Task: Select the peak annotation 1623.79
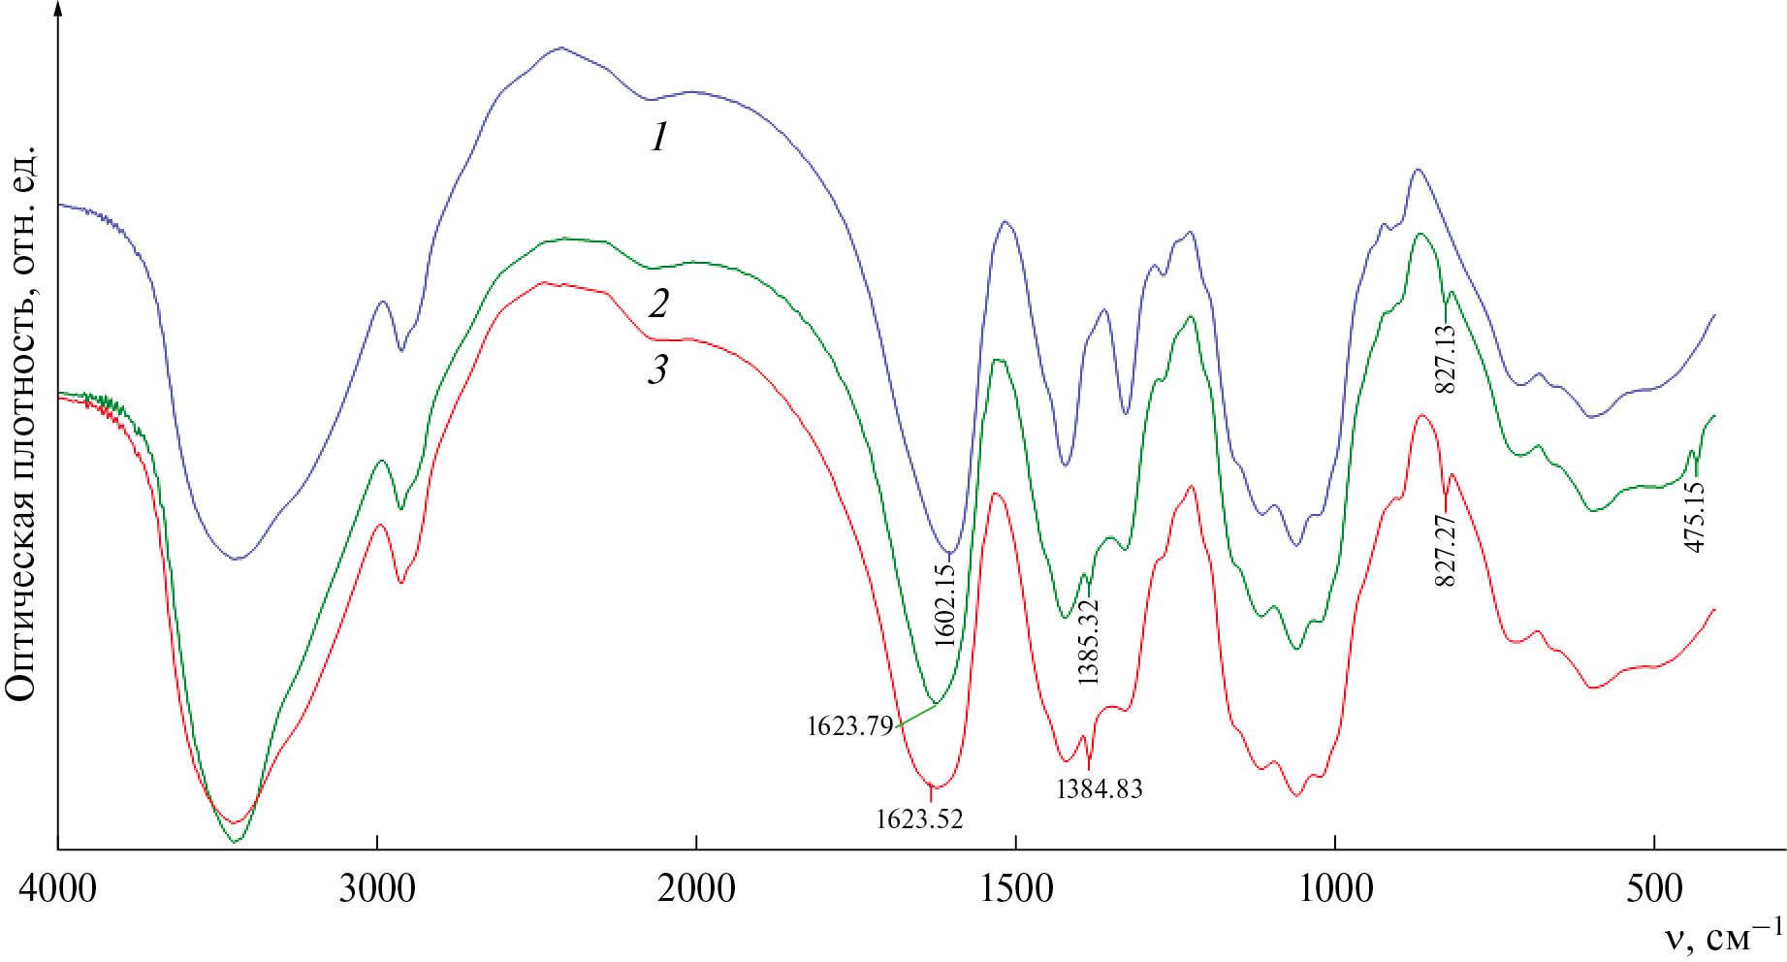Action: (849, 726)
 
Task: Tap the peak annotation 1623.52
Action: (919, 819)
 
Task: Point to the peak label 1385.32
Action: (1089, 642)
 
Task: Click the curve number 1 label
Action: (659, 139)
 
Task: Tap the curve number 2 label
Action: (659, 305)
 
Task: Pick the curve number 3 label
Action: (659, 370)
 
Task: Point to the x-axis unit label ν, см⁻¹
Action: (1722, 939)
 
